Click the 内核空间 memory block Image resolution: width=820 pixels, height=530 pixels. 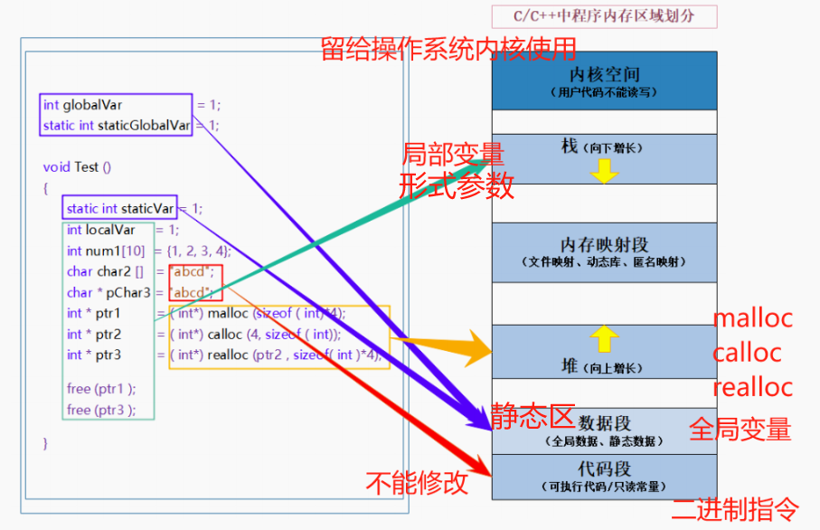604,80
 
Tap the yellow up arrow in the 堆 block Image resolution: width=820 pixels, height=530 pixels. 604,339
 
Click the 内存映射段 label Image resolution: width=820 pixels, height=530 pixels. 604,245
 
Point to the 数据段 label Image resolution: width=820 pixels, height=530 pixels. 605,423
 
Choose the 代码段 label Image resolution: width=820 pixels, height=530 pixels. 605,469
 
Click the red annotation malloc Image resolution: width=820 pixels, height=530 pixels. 752,318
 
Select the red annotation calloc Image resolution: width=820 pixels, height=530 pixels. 747,353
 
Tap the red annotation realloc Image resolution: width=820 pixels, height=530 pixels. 752,387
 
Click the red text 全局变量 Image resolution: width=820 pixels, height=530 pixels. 740,429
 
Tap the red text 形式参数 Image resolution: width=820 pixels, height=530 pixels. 457,185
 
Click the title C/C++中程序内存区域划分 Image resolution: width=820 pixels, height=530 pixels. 604,16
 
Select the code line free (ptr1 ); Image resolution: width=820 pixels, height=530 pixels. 101,389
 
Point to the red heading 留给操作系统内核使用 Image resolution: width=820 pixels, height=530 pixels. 448,49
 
